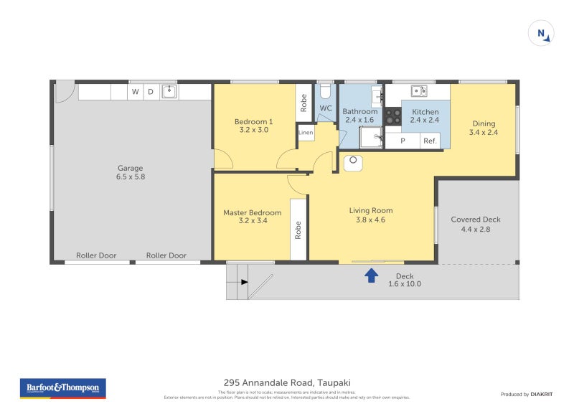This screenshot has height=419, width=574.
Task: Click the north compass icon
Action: [x=541, y=33]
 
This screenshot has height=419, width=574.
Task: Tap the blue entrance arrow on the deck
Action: [x=371, y=275]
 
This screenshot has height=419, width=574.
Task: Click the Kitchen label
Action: [x=425, y=112]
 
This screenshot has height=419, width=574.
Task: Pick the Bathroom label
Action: [x=359, y=111]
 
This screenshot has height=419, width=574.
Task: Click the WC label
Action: [x=326, y=108]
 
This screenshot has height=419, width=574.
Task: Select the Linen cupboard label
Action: [x=306, y=133]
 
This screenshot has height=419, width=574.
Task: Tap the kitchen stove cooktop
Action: [x=392, y=116]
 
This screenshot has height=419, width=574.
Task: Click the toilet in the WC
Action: [x=325, y=91]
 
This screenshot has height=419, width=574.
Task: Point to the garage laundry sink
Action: [x=169, y=91]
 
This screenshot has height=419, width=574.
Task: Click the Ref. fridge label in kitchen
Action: [x=430, y=141]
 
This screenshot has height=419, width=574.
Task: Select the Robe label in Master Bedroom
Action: [x=298, y=229]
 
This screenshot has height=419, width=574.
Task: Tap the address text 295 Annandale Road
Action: [x=287, y=383]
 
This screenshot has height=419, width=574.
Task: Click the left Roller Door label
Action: [x=96, y=255]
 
